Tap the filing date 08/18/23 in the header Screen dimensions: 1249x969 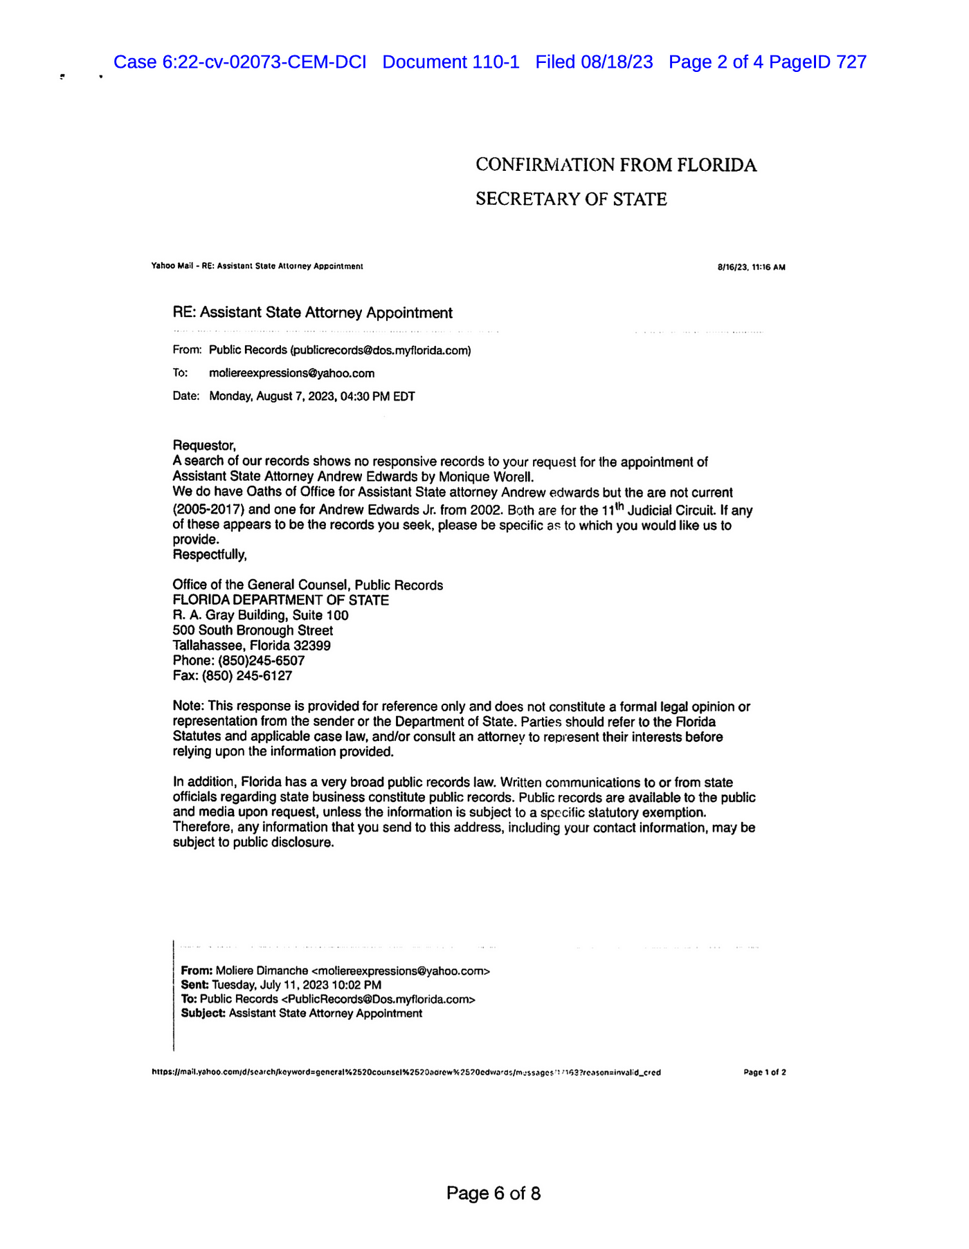(x=617, y=62)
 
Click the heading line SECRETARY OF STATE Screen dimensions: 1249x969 (x=571, y=199)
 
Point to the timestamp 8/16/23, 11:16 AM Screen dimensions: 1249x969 (x=751, y=267)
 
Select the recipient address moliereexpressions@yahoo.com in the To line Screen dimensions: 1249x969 (x=291, y=374)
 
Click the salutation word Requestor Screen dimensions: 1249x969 (x=203, y=446)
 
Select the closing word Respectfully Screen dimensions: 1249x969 (x=209, y=555)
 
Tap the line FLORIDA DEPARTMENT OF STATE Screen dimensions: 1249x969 (x=280, y=601)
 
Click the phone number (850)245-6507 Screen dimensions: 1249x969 (x=261, y=661)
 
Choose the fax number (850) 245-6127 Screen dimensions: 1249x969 (x=247, y=676)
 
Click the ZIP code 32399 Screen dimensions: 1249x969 (x=311, y=646)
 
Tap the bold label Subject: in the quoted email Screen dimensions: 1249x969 (x=203, y=1014)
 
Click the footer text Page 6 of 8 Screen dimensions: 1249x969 (x=493, y=1193)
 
